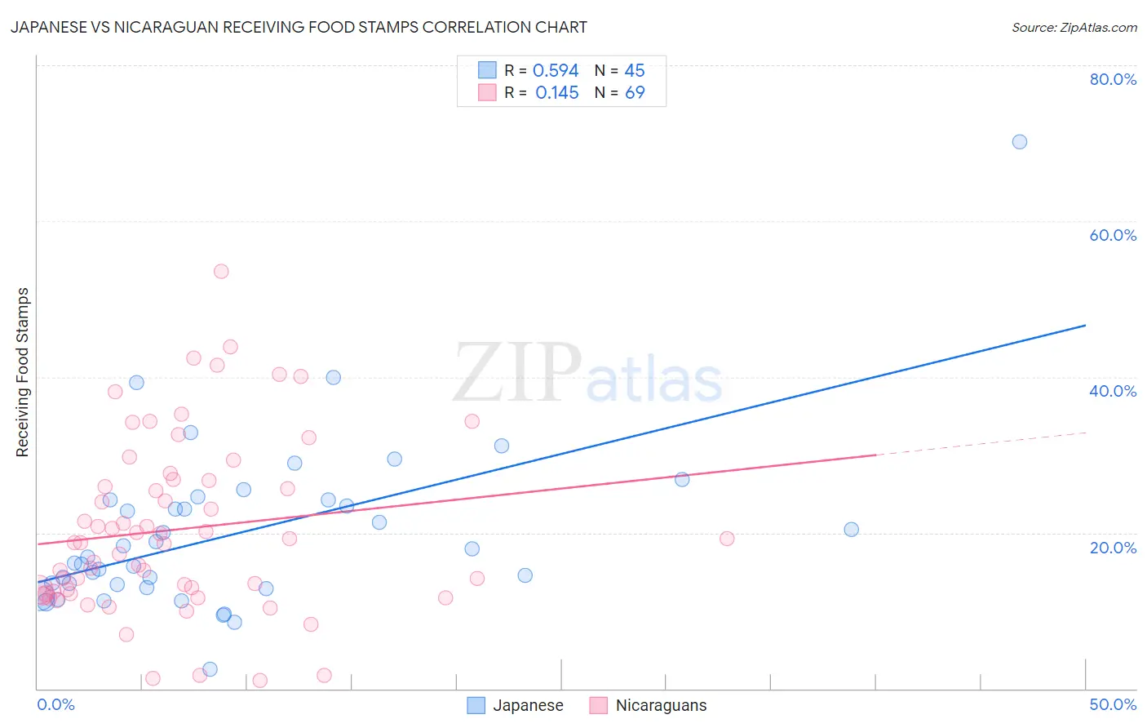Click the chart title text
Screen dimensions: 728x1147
click(299, 27)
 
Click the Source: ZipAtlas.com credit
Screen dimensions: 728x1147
click(1074, 27)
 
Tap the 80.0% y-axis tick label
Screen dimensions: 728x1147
click(1113, 79)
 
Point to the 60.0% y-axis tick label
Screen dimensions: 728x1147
click(1113, 235)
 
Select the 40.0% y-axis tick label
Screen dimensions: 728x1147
click(1113, 391)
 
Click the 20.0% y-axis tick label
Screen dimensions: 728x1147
click(1113, 548)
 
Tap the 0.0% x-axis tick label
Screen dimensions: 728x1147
click(55, 704)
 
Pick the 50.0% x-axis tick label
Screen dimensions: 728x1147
click(1113, 704)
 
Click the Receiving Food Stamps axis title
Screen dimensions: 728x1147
click(23, 372)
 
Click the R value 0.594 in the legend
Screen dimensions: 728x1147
click(556, 71)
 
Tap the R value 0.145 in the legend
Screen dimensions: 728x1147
click(557, 93)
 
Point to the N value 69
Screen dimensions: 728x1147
click(635, 93)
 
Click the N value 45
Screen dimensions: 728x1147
click(635, 71)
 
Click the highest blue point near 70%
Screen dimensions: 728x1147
click(1020, 142)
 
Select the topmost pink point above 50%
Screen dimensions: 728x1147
click(221, 272)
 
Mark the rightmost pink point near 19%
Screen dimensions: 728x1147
click(727, 539)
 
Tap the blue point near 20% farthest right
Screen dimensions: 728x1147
click(852, 530)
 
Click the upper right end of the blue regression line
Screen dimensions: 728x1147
click(1085, 326)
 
